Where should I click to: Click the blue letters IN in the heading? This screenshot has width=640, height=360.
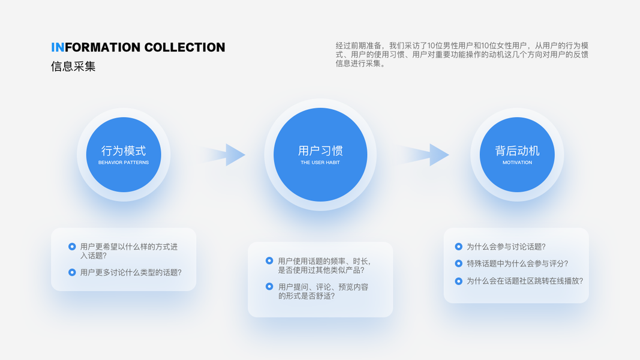click(58, 47)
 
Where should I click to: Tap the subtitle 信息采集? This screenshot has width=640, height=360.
click(73, 66)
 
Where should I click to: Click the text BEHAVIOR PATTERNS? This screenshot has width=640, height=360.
click(124, 163)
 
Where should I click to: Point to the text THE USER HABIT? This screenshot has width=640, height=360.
click(320, 163)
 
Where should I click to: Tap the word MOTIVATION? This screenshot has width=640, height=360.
click(517, 163)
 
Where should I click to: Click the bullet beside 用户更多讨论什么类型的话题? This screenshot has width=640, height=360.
click(72, 272)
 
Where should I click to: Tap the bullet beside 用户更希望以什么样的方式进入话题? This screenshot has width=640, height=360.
click(72, 247)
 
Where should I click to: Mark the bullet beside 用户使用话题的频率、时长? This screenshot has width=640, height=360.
click(269, 261)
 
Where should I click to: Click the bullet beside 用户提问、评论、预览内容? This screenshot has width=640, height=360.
click(269, 287)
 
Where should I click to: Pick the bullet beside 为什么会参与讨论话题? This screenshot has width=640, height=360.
click(458, 247)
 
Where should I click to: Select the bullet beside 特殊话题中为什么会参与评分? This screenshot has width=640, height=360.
click(458, 263)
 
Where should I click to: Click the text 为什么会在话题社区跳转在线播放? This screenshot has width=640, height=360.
click(525, 281)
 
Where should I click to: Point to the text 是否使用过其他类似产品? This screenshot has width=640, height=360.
click(321, 270)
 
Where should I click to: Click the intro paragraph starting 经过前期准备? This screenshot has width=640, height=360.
click(462, 54)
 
